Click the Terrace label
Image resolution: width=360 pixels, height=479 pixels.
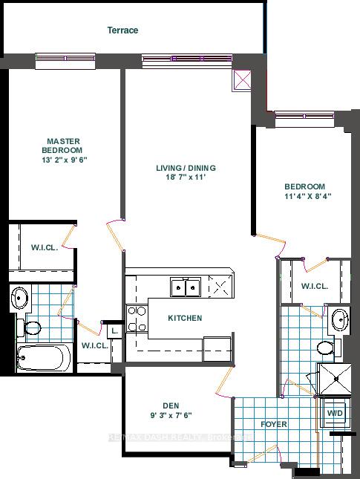click(122, 30)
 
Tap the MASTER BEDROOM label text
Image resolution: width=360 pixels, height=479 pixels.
click(63, 145)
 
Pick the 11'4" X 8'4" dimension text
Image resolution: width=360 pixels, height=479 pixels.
click(306, 197)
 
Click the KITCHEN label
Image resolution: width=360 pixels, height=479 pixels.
click(185, 318)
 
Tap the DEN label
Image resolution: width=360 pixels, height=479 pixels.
click(171, 405)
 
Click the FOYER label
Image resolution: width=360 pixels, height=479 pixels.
click(273, 424)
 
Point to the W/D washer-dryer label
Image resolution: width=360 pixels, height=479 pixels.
click(335, 413)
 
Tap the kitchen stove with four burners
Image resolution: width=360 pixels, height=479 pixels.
click(137, 318)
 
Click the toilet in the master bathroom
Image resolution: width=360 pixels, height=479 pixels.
click(34, 326)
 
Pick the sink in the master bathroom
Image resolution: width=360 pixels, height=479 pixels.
click(20, 299)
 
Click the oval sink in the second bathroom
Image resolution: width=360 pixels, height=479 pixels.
click(339, 320)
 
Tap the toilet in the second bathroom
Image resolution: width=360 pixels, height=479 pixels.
click(324, 347)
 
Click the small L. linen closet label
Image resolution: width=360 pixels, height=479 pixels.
click(114, 331)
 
